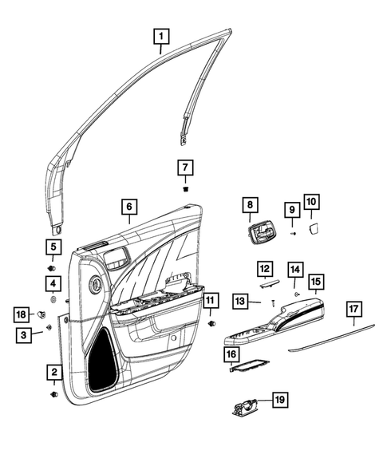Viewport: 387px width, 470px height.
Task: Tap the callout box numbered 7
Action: pyautogui.click(x=185, y=168)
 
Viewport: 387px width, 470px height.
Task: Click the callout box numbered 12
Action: pyautogui.click(x=264, y=269)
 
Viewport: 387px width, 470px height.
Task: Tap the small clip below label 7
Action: pyautogui.click(x=185, y=190)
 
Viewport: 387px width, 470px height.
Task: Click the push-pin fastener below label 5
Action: pyautogui.click(x=53, y=266)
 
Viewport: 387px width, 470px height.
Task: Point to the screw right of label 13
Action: pyautogui.click(x=274, y=302)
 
